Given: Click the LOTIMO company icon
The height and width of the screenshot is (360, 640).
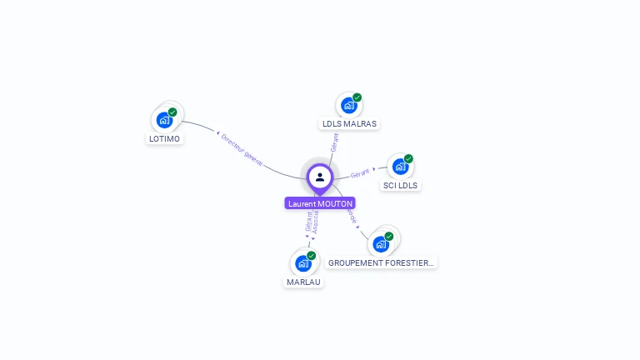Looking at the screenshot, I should [165, 119].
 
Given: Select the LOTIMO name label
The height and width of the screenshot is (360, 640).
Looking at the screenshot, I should [165, 138].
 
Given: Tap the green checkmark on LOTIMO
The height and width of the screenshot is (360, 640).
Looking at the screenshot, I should [172, 112].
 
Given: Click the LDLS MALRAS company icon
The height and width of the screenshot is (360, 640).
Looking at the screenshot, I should [349, 105].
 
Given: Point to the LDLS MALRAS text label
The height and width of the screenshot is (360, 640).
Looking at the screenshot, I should [349, 124].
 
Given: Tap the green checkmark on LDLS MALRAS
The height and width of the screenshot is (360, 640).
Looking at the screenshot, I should [357, 97].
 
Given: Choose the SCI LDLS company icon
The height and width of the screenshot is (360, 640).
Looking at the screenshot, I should [400, 166].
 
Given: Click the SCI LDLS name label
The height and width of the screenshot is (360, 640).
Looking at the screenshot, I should [401, 185].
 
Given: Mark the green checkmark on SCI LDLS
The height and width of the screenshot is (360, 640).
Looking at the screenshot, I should [408, 158].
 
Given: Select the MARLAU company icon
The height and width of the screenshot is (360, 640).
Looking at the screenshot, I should [303, 262].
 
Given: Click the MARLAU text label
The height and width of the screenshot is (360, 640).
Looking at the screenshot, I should [302, 282].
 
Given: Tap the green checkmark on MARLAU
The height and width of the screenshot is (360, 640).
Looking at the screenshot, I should [312, 255].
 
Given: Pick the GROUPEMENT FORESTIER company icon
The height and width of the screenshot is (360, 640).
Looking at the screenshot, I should [381, 243].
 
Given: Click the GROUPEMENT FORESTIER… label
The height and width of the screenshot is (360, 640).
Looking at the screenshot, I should [381, 262].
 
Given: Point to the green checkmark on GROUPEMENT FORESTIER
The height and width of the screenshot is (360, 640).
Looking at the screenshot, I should [388, 236].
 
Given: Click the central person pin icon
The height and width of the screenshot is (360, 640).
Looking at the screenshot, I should [320, 177].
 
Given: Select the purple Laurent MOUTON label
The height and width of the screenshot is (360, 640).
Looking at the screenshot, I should [320, 203].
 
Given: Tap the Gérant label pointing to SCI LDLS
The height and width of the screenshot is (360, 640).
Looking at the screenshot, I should [360, 173].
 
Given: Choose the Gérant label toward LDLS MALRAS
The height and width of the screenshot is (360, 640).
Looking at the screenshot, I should [334, 142].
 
